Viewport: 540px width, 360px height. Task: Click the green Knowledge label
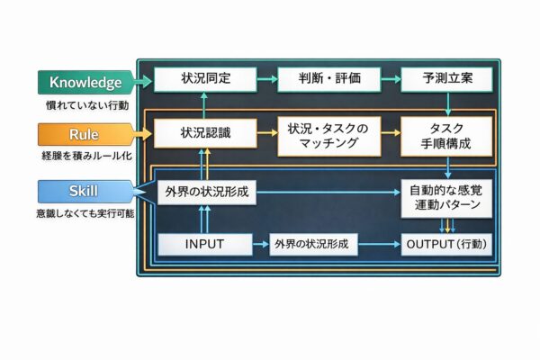click(x=85, y=83)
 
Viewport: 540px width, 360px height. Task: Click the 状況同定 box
click(x=205, y=79)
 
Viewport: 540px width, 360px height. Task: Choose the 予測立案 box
click(x=446, y=79)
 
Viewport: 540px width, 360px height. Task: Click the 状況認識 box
click(x=205, y=133)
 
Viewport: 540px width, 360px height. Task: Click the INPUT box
click(x=205, y=243)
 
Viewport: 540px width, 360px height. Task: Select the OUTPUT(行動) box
click(x=446, y=243)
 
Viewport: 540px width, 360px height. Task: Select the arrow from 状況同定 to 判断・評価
click(x=266, y=79)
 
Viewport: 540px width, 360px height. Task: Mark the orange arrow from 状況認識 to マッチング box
click(x=266, y=133)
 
